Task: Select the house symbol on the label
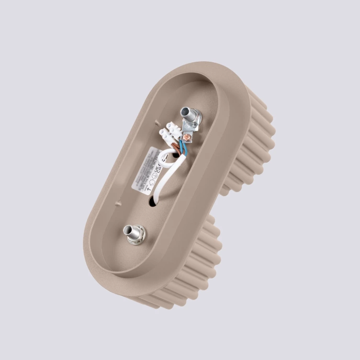(x=152, y=182)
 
